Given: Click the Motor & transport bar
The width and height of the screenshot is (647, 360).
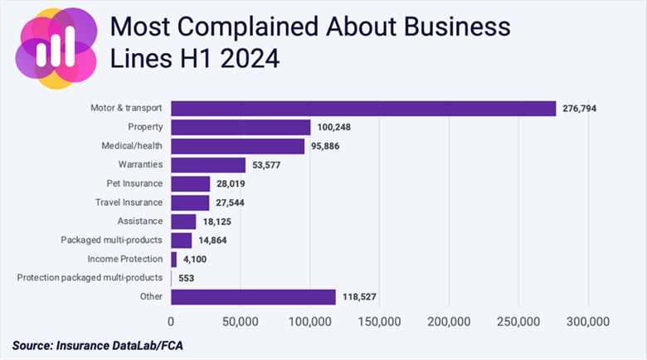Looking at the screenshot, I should pos(363,109).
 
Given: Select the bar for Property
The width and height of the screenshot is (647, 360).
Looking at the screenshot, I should pos(241,128).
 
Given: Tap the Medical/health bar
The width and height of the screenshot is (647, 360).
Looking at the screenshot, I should pos(237,147).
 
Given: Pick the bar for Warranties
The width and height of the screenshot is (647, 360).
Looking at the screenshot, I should pos(208,165).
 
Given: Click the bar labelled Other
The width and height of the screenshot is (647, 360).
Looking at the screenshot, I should pos(253,297).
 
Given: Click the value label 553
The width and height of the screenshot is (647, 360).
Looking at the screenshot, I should pos(187,278).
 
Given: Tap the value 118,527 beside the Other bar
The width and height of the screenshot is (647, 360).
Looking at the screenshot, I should pos(363,297).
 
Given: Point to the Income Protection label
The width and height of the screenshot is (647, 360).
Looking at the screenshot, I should pos(125,259).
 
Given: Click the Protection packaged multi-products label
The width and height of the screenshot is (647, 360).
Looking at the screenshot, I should pos(90,278).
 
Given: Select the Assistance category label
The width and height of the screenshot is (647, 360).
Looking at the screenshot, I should pos(140,221).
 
